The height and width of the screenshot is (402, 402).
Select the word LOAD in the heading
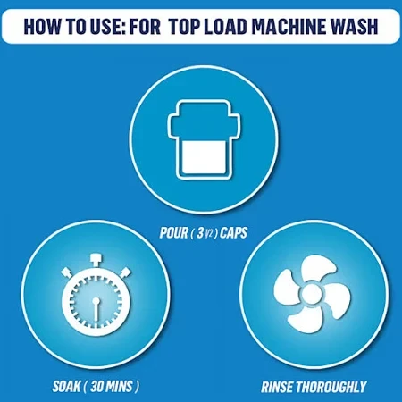225,26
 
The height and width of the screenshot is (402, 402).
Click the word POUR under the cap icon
174,233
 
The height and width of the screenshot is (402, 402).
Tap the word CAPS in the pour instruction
234,233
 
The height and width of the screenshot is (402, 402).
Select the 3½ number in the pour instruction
205,233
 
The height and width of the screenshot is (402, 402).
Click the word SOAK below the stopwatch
67,387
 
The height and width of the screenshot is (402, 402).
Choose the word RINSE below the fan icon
278,387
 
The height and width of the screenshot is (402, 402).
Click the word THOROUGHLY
331,387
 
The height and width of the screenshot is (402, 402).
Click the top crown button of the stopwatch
96,260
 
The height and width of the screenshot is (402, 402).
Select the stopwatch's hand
96,309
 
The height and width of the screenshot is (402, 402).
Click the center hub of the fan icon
312,295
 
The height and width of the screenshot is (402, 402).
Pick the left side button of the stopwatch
67,272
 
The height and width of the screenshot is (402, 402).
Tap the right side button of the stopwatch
125,272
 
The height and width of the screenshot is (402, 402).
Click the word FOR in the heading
146,26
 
